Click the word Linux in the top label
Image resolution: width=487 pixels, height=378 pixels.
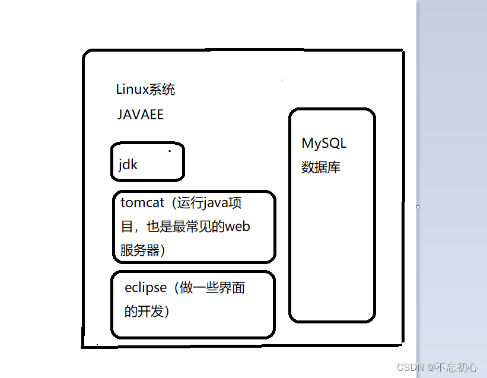click(130, 90)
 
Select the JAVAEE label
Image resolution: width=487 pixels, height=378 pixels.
click(141, 115)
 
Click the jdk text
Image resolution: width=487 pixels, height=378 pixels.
click(128, 164)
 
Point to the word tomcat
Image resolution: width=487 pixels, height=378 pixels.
click(142, 202)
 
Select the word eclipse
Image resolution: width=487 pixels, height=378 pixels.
click(145, 288)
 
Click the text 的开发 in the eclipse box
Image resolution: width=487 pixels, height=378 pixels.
click(143, 311)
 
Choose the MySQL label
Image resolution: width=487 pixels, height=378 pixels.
click(324, 143)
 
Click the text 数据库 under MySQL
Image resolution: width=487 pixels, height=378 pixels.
click(321, 167)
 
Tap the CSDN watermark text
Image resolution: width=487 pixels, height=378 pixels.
click(408, 367)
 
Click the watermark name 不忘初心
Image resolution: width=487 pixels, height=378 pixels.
click(457, 367)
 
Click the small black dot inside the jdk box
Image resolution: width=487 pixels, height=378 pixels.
click(170, 151)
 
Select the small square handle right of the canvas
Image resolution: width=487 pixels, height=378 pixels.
click(418, 207)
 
